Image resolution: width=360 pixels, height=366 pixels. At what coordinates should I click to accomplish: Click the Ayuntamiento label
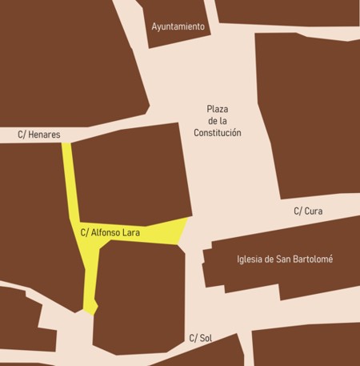[178, 26]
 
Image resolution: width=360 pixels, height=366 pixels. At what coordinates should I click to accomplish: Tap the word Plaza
[218, 109]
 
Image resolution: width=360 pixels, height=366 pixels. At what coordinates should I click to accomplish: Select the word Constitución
[217, 133]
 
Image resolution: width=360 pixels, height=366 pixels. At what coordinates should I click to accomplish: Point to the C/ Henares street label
[39, 135]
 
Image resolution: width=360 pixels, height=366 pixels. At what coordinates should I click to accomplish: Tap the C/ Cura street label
[309, 211]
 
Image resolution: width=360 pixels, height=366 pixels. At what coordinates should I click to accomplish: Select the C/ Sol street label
[199, 338]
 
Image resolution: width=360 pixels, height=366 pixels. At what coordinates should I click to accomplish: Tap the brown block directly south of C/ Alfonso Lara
[136, 296]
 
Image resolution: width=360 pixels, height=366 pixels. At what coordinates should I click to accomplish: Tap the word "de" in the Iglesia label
[273, 259]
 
